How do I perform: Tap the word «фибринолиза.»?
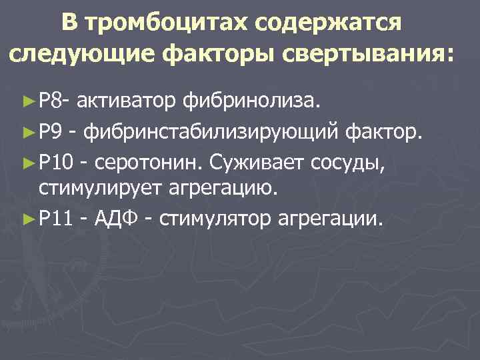pyautogui.click(x=252, y=101)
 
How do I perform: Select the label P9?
pyautogui.click(x=50, y=131)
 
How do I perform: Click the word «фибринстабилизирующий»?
pyautogui.click(x=211, y=131)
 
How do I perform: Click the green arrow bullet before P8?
pyautogui.click(x=28, y=101)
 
